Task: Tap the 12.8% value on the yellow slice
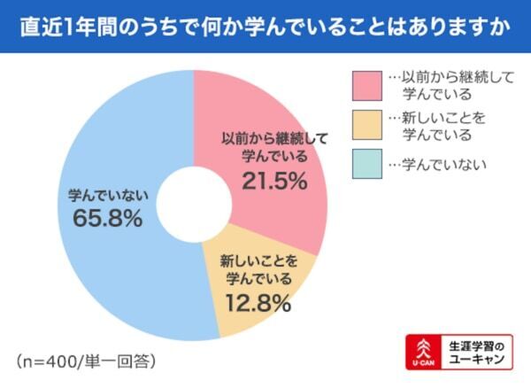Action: pos(258,304)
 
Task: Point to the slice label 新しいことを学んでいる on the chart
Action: pos(258,270)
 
